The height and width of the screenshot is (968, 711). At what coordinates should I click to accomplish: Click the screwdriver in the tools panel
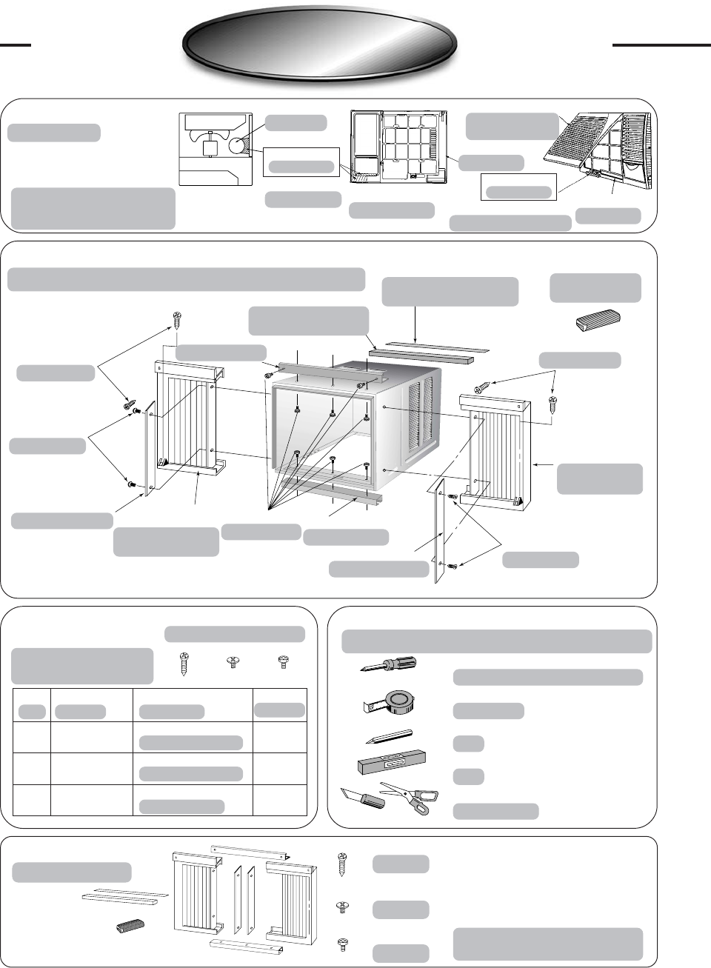387,664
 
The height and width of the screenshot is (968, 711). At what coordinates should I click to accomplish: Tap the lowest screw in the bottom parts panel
343,945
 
